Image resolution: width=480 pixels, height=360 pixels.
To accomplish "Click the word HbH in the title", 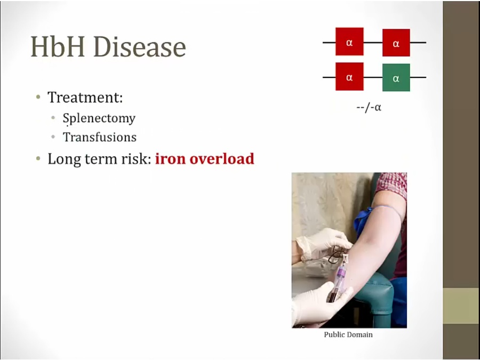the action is point(58,46).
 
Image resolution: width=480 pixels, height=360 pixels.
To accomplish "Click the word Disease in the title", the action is point(140,46).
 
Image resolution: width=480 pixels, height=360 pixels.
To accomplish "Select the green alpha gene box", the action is point(396,78).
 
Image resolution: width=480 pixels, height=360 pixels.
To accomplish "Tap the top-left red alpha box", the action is point(349,42).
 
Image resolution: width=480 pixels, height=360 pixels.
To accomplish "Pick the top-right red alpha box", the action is point(396,43).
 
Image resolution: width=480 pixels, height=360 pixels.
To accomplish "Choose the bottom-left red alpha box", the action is point(349,76).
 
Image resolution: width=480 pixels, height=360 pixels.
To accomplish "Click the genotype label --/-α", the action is point(369,107).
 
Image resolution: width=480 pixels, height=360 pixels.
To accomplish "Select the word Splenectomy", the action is point(99,118).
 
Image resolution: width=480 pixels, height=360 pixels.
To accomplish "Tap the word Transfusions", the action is point(100,137).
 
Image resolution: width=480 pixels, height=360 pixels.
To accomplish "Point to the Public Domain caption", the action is point(348,334).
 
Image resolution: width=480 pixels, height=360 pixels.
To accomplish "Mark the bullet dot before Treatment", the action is point(38,98).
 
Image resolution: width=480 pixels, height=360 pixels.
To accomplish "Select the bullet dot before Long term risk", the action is point(38,158).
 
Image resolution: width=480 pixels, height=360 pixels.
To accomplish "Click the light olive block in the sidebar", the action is point(461,306).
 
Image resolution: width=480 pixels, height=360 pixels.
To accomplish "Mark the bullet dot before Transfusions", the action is point(53,137).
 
